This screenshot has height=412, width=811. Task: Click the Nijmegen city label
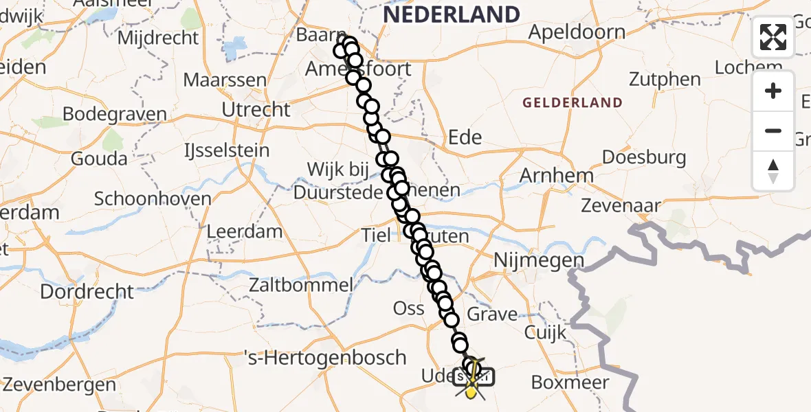(538, 261)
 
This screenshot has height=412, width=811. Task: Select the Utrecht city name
(256, 109)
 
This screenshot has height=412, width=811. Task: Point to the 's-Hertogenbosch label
(326, 358)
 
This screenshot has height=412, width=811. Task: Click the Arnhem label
(556, 176)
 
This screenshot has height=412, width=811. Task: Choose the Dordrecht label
(87, 291)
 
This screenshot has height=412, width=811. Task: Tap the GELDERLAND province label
(573, 103)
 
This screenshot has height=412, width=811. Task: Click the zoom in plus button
(773, 91)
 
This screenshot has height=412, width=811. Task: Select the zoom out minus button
(773, 130)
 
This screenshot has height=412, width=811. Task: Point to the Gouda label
(99, 159)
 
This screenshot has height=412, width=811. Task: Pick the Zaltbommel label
(302, 284)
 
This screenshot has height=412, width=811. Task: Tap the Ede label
(465, 137)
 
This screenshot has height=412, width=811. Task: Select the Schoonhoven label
(153, 199)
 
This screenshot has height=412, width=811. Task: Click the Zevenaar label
(621, 205)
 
